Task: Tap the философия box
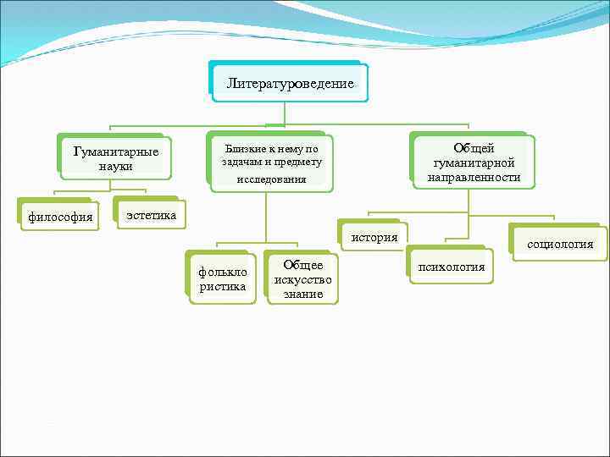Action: click(59, 216)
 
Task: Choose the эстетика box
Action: click(151, 215)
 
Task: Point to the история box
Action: click(374, 237)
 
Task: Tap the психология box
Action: click(450, 267)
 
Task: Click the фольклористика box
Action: click(223, 279)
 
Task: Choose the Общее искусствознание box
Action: click(303, 279)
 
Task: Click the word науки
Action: click(115, 167)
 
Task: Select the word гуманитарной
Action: click(474, 163)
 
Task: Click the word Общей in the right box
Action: click(474, 149)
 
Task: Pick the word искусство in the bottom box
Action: click(303, 280)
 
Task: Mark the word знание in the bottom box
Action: click(303, 295)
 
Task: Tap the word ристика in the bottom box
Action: click(223, 287)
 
